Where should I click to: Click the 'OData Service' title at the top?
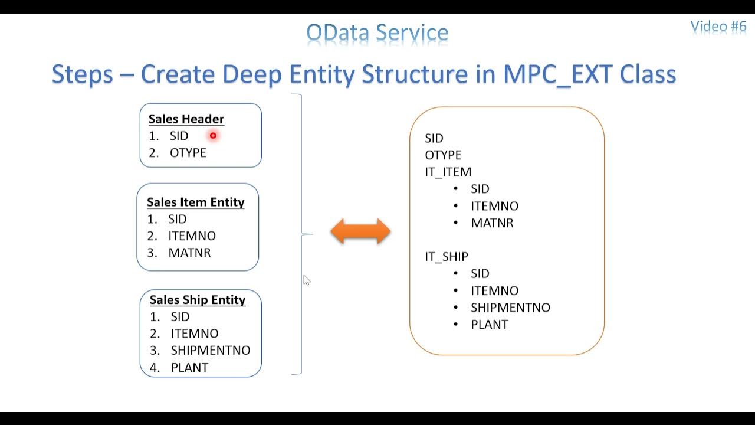click(377, 32)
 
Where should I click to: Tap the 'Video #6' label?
click(718, 26)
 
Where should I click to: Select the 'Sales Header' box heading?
click(186, 119)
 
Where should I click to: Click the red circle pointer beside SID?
click(213, 136)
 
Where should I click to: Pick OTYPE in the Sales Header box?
click(188, 153)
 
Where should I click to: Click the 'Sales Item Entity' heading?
click(195, 202)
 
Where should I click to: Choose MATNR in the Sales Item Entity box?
click(189, 253)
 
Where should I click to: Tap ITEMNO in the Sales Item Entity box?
click(192, 236)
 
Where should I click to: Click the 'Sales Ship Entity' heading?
click(197, 300)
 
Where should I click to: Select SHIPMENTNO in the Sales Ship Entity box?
click(210, 350)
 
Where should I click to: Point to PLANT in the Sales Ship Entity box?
click(189, 367)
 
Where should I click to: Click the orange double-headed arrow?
click(360, 231)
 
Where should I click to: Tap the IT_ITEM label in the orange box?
click(448, 172)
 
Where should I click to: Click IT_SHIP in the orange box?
click(446, 257)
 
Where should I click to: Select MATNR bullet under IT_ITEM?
click(492, 223)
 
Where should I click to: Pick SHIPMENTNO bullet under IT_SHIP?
click(510, 308)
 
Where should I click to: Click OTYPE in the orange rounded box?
click(443, 155)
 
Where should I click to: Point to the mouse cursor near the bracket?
click(306, 280)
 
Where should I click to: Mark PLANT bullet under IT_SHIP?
click(489, 325)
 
